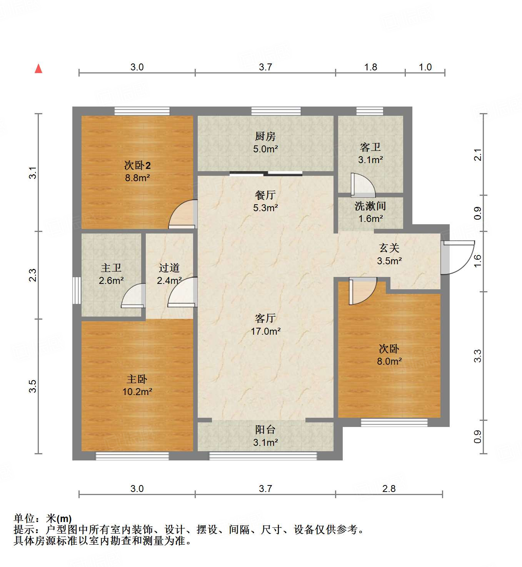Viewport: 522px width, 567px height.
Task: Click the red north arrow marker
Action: tap(38, 69)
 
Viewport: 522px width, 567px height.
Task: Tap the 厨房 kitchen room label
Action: tap(265, 136)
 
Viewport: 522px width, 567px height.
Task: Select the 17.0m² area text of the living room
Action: tap(265, 331)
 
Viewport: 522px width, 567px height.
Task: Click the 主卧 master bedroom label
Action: tap(137, 379)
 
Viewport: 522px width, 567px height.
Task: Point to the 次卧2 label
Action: tap(137, 165)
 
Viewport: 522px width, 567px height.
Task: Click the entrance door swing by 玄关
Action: tap(457, 257)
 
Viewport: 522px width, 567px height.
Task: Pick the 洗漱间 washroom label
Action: tap(370, 206)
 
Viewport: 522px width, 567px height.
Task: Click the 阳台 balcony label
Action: tap(265, 430)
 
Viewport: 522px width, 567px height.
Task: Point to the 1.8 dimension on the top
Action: tap(370, 67)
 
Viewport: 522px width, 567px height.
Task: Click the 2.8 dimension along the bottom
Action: tap(389, 489)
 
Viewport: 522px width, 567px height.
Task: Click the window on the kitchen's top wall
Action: tap(276, 111)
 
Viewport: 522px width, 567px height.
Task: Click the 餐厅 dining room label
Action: tap(265, 195)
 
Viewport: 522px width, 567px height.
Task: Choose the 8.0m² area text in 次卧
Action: tap(389, 361)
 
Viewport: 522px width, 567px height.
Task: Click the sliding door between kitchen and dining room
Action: tap(266, 173)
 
